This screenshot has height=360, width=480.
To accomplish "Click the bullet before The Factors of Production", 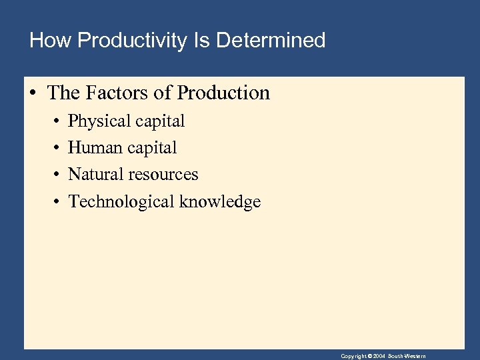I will [32, 93].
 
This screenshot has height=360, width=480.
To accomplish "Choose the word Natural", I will [95, 175].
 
